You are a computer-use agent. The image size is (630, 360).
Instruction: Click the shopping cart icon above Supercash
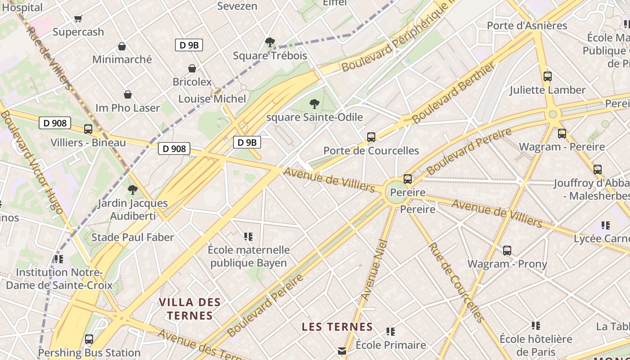(x=78, y=18)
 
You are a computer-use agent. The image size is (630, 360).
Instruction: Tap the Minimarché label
(x=122, y=59)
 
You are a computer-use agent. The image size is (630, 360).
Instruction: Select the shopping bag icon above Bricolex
(x=192, y=68)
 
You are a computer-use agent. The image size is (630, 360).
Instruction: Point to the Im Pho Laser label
(x=127, y=108)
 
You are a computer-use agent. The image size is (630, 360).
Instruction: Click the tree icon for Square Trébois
(x=270, y=43)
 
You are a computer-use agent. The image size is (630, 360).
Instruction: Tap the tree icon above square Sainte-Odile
(x=315, y=104)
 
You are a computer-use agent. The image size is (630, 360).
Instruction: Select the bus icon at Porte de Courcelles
(x=371, y=137)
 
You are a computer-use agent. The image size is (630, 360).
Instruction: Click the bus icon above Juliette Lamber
(x=548, y=76)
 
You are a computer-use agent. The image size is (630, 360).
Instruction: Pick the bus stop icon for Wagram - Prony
(x=507, y=251)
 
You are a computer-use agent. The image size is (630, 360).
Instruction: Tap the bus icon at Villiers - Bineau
(x=88, y=129)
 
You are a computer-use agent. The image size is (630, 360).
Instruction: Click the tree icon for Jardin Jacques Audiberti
(x=133, y=190)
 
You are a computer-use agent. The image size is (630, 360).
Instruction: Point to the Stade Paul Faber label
(x=132, y=237)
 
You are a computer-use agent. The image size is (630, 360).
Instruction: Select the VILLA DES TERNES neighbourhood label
(x=189, y=309)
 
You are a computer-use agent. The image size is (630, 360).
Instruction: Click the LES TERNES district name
(x=337, y=327)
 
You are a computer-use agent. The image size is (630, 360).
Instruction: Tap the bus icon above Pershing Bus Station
(x=89, y=339)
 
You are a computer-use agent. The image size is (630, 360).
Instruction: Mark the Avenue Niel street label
(x=374, y=270)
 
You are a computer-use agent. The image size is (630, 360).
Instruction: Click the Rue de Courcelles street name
(x=455, y=282)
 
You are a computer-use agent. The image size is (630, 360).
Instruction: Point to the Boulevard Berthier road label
(x=454, y=93)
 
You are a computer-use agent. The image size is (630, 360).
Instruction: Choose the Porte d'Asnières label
(x=527, y=26)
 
